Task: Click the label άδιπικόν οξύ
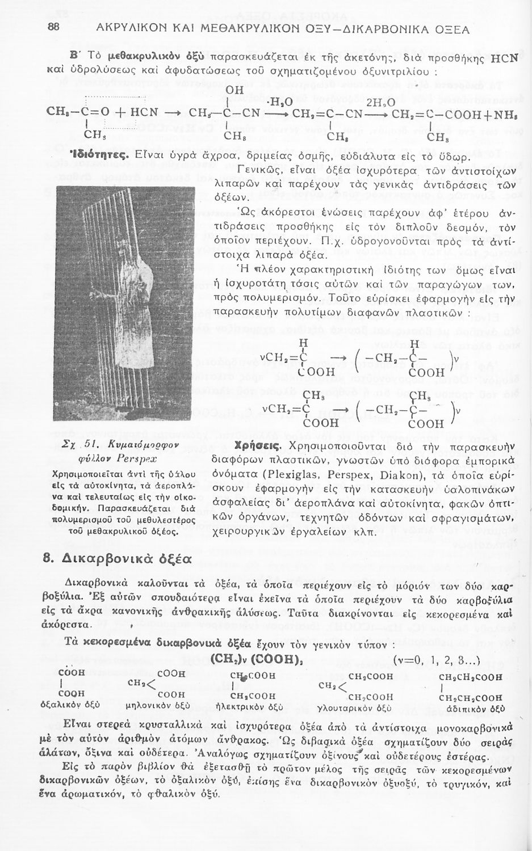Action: point(476,708)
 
